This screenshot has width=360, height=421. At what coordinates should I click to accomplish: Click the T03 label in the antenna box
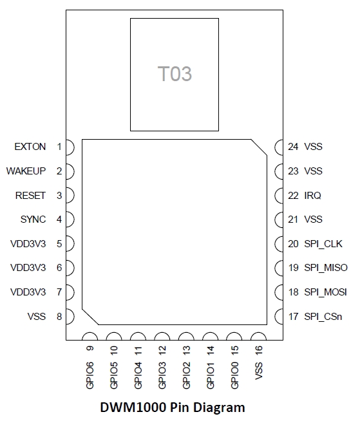pos(175,74)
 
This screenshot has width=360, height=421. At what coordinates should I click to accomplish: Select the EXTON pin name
pos(30,147)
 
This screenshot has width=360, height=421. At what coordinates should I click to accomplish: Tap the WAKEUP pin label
pos(26,171)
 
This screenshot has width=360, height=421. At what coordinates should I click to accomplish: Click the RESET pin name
pos(30,196)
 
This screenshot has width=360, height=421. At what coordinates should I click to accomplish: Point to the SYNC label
pos(33,220)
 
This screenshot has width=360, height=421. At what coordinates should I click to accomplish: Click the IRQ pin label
pos(313,196)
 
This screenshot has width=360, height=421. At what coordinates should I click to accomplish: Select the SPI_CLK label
pos(323,244)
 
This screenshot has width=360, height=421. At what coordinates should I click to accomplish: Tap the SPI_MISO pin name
pos(326,268)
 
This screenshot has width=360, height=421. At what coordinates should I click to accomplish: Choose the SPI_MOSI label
pos(325,292)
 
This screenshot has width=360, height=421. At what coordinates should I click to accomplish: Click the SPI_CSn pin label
pos(323,317)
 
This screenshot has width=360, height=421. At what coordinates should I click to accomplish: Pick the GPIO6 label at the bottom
pos(90,375)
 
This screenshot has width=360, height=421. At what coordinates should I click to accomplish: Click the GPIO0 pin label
pos(234,375)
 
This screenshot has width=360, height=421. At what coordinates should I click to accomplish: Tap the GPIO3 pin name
pos(162,375)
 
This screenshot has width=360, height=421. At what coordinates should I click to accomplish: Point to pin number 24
pos(293,147)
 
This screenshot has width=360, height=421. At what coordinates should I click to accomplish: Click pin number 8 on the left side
pos(59,317)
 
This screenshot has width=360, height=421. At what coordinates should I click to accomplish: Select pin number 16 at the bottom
pos(258,350)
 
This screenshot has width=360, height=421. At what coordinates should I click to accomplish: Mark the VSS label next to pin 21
pos(313,220)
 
